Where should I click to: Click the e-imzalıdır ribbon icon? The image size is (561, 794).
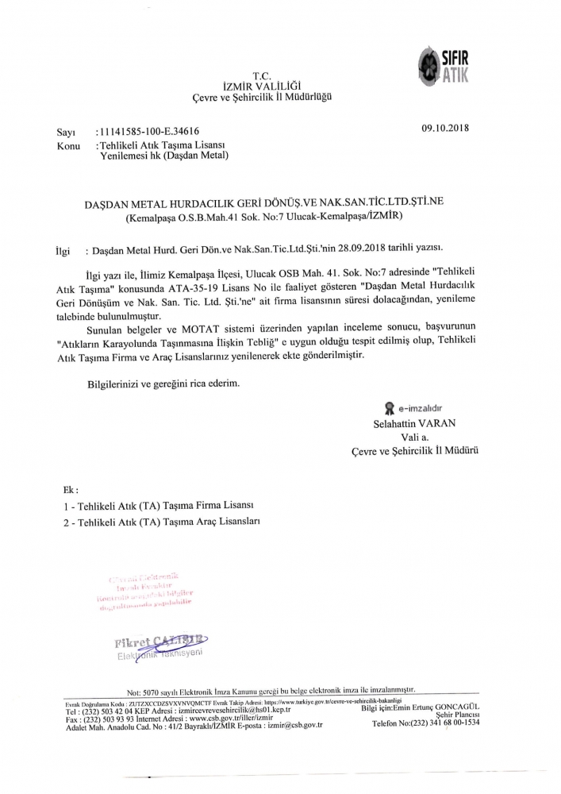[x=389, y=409]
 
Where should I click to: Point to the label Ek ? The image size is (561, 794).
[x=71, y=490]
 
